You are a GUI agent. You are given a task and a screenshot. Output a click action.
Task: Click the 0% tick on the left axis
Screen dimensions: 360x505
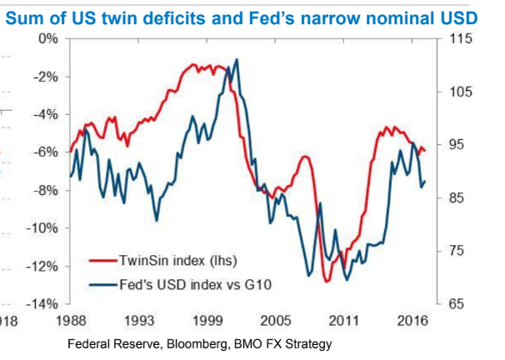tap(46, 38)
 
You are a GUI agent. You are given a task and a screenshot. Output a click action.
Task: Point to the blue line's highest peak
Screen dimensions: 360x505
tap(237, 59)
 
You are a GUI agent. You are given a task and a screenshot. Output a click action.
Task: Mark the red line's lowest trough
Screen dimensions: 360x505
tap(327, 282)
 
